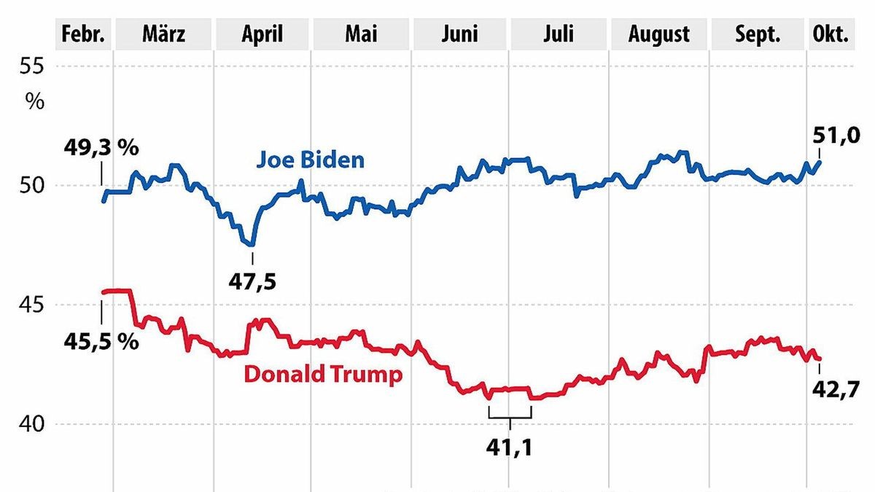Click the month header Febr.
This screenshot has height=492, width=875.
coord(84,34)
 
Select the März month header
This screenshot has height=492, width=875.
coord(164,34)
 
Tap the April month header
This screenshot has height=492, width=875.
coord(262,34)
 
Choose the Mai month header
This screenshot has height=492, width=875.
coord(362,34)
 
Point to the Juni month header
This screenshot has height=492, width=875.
coord(460,34)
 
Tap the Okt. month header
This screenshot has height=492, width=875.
coord(831,34)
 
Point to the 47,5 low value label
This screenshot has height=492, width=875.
coord(253,281)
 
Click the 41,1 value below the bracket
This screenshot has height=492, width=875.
coord(510,447)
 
